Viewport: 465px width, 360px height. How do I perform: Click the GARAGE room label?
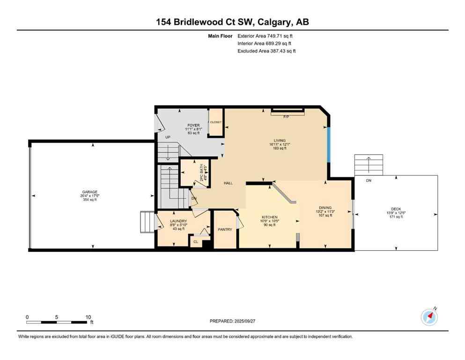click(90, 192)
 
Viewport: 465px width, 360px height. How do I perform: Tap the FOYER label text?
click(193, 126)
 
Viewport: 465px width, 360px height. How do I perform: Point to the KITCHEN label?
click(270, 217)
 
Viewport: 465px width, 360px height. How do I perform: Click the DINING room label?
click(325, 208)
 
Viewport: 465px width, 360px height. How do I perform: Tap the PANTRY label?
click(225, 229)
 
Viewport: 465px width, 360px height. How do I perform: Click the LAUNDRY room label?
click(178, 221)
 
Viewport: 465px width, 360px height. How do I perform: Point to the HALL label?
click(228, 183)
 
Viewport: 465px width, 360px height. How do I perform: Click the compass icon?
click(428, 317)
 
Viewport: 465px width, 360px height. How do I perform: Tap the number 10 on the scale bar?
click(88, 317)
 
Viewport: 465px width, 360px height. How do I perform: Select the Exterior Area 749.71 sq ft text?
click(266, 36)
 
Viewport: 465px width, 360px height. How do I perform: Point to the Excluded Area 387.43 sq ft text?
click(266, 51)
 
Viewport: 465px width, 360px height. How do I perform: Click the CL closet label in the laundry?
click(195, 242)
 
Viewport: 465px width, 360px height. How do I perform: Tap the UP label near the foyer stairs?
click(168, 137)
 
